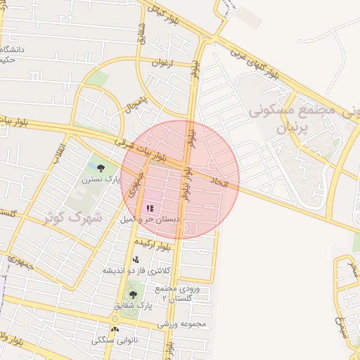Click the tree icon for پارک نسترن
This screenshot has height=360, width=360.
pos(101,168)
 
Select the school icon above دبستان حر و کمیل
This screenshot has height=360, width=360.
pos(149,209)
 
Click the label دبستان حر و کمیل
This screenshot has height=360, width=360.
pos(150,219)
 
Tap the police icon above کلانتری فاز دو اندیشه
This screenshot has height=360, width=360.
pos(136,260)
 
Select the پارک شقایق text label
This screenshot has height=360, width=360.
pos(132,307)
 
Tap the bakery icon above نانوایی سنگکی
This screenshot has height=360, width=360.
pos(115,328)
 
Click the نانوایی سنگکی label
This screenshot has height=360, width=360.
pos(114,340)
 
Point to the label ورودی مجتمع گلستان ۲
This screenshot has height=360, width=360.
pos(176,293)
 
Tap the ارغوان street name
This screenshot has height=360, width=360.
pos(161,63)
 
